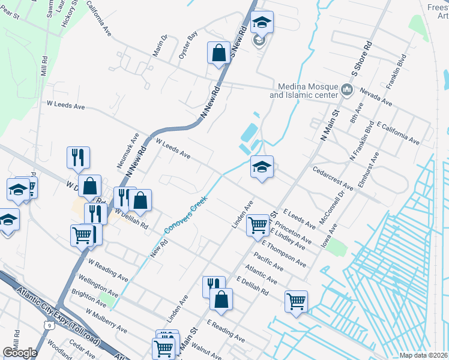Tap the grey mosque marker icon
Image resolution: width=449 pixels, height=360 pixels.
(x=346, y=91)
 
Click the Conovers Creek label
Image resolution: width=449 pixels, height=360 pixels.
(x=185, y=214)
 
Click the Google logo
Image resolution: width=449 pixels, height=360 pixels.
(x=20, y=352)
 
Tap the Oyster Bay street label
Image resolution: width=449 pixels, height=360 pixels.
(x=188, y=46)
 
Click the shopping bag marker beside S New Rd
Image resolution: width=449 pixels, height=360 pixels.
(x=218, y=53)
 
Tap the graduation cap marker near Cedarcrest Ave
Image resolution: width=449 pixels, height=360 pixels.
(x=262, y=167)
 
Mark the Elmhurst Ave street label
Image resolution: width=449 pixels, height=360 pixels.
(x=367, y=170)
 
